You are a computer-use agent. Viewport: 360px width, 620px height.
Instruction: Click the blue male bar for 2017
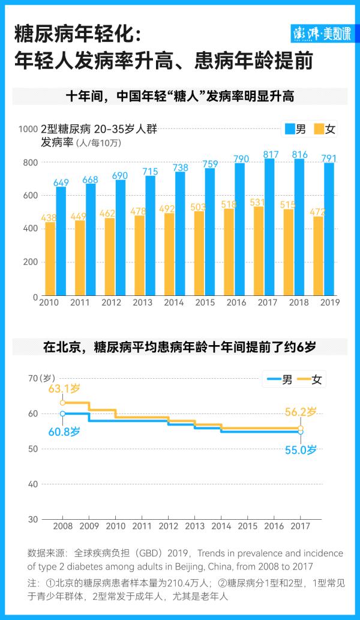[269, 227]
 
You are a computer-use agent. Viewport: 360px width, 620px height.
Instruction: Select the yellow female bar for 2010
[50, 259]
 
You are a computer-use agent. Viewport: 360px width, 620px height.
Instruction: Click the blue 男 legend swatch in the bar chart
[289, 129]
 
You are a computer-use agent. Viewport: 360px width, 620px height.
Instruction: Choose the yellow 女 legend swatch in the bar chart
[319, 129]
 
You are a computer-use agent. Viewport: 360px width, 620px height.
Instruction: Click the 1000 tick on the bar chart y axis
[28, 129]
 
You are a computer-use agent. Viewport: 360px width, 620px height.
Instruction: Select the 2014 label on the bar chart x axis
[174, 302]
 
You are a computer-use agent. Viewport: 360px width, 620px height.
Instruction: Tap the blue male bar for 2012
[121, 238]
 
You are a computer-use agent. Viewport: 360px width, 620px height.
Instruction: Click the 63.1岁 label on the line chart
[64, 390]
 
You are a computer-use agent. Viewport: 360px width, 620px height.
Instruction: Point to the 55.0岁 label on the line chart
[299, 449]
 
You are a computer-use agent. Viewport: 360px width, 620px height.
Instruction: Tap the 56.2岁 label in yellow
[299, 412]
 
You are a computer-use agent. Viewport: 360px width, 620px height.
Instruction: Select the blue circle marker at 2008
[62, 414]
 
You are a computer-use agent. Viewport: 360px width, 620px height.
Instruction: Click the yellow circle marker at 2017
[301, 429]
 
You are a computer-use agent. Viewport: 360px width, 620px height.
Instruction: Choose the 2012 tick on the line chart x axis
[168, 526]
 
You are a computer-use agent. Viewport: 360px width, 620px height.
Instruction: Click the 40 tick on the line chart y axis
[32, 484]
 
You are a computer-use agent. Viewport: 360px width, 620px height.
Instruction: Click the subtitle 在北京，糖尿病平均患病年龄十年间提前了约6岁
[179, 346]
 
